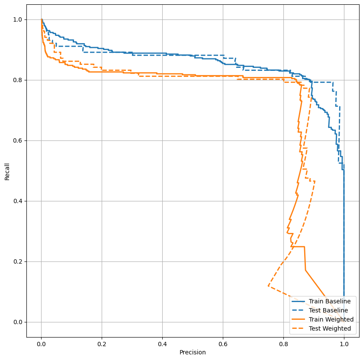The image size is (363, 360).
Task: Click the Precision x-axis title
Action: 193,352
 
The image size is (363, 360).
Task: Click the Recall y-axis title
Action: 7,171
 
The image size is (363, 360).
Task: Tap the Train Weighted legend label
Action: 331,319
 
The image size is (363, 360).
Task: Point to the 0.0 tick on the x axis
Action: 42,343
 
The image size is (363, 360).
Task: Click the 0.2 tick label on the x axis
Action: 102,343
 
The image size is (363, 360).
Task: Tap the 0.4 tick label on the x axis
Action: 163,343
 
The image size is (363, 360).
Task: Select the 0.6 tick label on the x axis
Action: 223,343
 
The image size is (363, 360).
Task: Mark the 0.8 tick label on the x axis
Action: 283,343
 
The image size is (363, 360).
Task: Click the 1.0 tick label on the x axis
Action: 344,343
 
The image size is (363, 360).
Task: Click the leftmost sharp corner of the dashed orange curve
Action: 268,286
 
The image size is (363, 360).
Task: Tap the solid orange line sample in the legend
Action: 299,319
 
